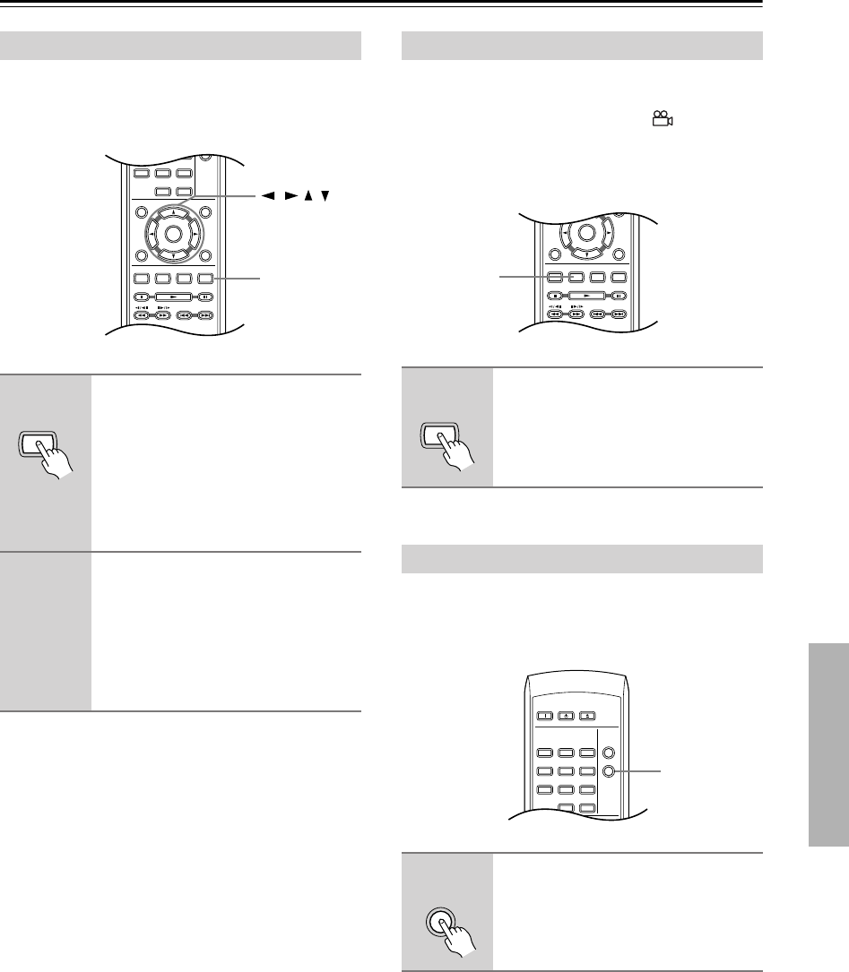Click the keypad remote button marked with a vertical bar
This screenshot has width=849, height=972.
tap(543, 715)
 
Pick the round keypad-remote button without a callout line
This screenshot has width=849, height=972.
tap(610, 753)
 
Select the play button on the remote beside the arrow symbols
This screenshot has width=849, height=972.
tap(172, 295)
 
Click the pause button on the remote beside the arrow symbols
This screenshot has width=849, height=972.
tap(206, 295)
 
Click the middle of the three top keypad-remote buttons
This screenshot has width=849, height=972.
tap(565, 715)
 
